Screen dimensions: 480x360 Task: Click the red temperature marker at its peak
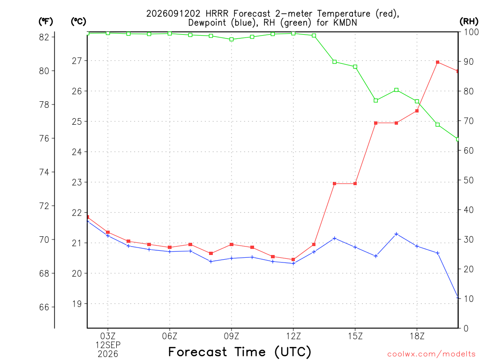tap(438, 62)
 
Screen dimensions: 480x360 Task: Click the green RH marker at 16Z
tap(376, 100)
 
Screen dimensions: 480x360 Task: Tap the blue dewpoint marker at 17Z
tap(397, 234)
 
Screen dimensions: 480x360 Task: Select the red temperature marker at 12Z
tap(293, 260)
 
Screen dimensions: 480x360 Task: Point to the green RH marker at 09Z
tap(232, 39)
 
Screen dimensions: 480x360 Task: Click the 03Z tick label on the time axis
tap(108, 336)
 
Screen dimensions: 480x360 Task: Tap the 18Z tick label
tap(417, 336)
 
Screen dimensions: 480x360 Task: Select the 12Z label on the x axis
tap(293, 336)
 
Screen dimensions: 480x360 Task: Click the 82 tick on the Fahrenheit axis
tap(44, 37)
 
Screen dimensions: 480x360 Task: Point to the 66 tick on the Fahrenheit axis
tap(44, 307)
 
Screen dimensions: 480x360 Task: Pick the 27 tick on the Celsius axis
tap(77, 61)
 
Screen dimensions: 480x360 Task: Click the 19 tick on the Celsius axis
tap(77, 304)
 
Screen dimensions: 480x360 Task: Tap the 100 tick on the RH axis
tap(471, 32)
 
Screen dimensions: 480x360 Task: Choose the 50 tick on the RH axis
tap(469, 180)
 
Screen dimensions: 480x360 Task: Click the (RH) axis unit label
tap(469, 22)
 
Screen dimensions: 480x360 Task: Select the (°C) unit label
tap(78, 22)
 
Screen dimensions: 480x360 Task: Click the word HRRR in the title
tap(217, 14)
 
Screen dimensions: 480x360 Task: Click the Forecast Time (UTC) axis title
tap(240, 352)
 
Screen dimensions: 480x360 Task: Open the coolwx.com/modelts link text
tap(431, 354)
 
